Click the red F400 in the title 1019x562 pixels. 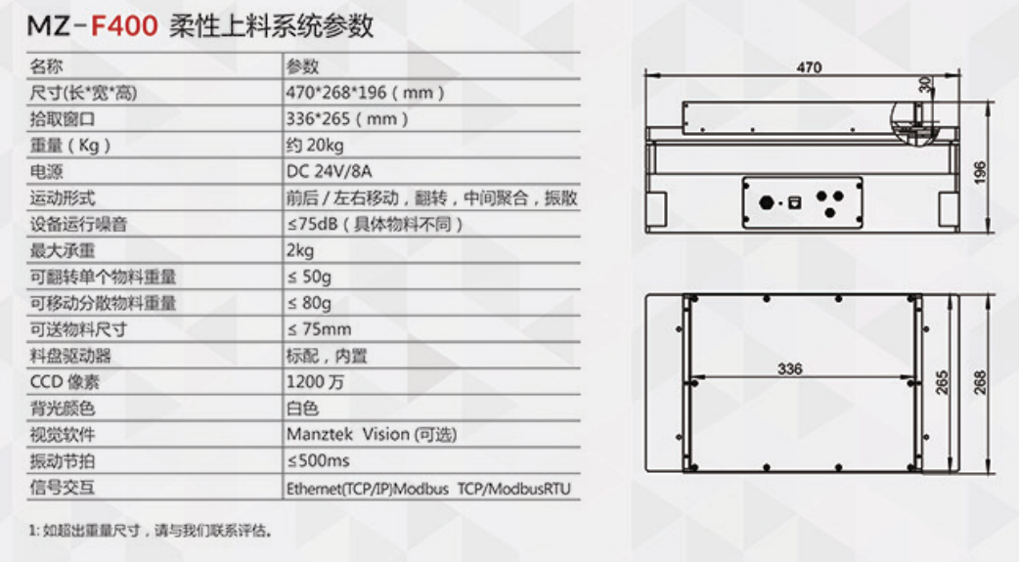pyautogui.click(x=124, y=26)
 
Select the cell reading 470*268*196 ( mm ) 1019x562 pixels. pyautogui.click(x=365, y=92)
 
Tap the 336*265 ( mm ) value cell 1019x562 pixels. pyautogui.click(x=347, y=119)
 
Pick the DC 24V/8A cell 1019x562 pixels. pyautogui.click(x=329, y=171)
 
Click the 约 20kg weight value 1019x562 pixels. pyautogui.click(x=315, y=145)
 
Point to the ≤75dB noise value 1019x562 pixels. pyautogui.click(x=375, y=224)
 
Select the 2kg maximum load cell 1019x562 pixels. pyautogui.click(x=300, y=251)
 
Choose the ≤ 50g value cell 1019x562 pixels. pyautogui.click(x=309, y=277)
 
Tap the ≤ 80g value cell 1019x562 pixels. pyautogui.click(x=309, y=303)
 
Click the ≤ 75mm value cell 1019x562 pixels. pyautogui.click(x=319, y=329)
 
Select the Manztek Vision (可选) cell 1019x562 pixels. pyautogui.click(x=372, y=434)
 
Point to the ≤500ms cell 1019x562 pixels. pyautogui.click(x=319, y=460)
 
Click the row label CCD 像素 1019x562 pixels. pyautogui.click(x=65, y=382)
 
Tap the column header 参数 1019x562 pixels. pyautogui.click(x=303, y=66)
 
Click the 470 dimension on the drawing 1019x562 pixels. pyautogui.click(x=809, y=66)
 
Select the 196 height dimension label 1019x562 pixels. pyautogui.click(x=980, y=172)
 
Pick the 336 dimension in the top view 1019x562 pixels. pyautogui.click(x=789, y=369)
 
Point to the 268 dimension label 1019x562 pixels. pyautogui.click(x=980, y=383)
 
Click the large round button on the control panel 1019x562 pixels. pyautogui.click(x=766, y=202)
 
